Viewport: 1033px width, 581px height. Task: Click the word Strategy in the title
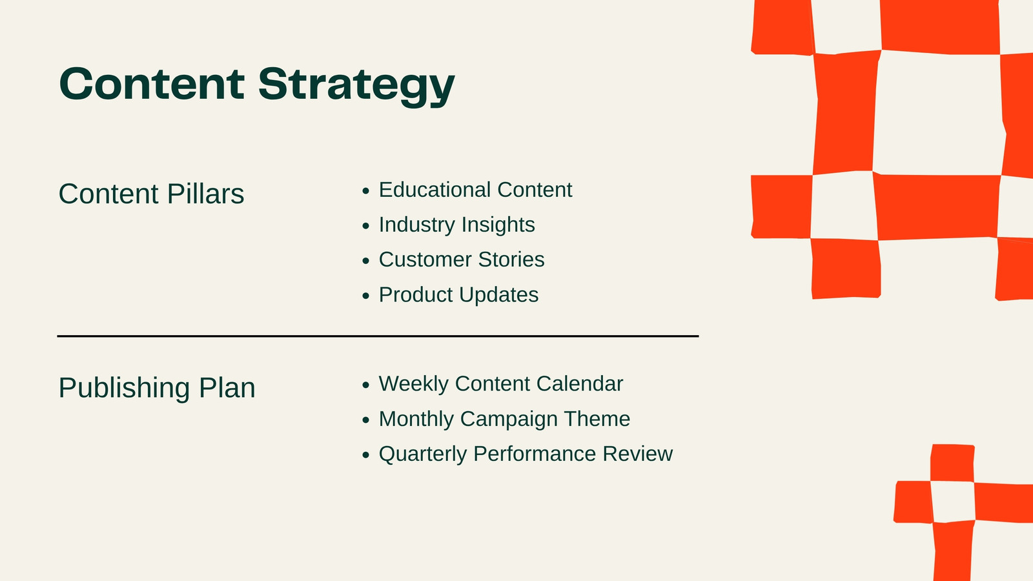coord(356,87)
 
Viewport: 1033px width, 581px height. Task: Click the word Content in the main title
coord(152,83)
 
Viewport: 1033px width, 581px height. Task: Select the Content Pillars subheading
coord(151,193)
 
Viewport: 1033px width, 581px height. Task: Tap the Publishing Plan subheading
coord(157,387)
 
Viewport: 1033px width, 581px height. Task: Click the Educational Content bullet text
coord(475,190)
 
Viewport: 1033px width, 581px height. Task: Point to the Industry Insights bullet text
coord(457,225)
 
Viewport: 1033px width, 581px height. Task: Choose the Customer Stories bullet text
coord(462,259)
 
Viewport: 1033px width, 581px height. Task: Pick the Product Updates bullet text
coord(459,294)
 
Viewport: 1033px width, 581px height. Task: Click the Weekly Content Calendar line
coord(501,384)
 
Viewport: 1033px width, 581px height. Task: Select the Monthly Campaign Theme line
coord(504,419)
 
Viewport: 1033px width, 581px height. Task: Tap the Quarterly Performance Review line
coord(526,454)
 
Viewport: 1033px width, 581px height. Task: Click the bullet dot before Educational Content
coord(366,191)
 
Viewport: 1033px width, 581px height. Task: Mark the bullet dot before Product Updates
coord(366,296)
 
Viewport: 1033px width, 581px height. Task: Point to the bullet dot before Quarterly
coord(366,455)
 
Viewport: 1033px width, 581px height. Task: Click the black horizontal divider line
coord(378,336)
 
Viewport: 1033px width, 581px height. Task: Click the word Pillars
coord(206,193)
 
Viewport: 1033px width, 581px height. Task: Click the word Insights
coord(498,225)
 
